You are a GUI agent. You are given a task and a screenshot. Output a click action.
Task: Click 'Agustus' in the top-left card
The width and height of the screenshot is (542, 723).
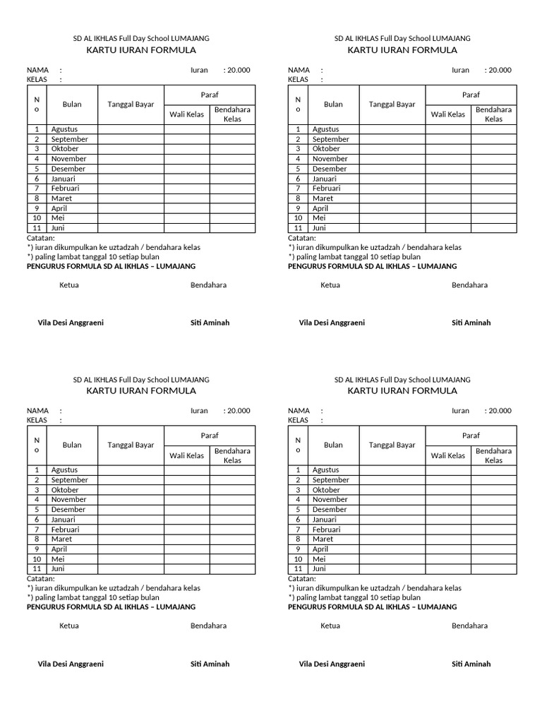(64, 129)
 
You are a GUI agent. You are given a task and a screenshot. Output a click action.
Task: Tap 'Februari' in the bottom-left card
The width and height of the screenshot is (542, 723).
(65, 529)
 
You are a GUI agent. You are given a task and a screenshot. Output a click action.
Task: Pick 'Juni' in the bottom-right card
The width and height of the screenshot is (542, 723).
(319, 568)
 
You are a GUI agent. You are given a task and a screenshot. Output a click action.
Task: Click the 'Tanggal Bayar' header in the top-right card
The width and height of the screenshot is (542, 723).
(392, 104)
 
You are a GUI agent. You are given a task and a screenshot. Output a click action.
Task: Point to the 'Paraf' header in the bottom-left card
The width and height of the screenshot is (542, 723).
(210, 436)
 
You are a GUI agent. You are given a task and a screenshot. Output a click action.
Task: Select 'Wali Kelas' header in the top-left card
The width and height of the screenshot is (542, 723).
(187, 114)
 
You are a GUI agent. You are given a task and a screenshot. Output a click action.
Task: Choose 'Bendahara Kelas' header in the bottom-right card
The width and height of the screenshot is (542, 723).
(493, 455)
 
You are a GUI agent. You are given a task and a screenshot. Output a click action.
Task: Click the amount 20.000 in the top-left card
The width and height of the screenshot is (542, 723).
(239, 70)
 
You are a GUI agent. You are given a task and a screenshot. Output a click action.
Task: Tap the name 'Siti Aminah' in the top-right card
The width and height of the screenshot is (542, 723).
(471, 323)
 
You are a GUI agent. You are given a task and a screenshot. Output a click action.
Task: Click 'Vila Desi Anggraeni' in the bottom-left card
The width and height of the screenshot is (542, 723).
(71, 664)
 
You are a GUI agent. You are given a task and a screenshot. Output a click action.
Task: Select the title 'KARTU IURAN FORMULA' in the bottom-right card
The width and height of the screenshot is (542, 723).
(402, 390)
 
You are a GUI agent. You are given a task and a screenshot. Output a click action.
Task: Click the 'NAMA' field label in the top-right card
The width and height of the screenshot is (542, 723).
(299, 70)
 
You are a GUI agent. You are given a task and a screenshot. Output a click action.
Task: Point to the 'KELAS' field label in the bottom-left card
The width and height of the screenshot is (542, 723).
(37, 420)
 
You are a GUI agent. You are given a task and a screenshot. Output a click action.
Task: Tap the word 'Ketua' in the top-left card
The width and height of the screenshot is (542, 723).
(69, 285)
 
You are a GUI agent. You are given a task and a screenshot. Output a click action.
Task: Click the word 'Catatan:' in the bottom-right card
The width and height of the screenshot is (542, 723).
(302, 578)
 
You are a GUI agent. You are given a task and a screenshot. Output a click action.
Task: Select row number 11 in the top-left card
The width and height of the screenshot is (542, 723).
(36, 228)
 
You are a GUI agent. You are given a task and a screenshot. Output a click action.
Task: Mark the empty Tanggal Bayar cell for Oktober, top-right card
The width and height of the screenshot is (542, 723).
(392, 149)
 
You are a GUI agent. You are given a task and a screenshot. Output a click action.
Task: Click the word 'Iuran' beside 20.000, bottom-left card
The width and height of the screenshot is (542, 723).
(199, 411)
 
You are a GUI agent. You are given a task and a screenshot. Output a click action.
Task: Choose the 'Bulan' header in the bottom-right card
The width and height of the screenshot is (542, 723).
(333, 445)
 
